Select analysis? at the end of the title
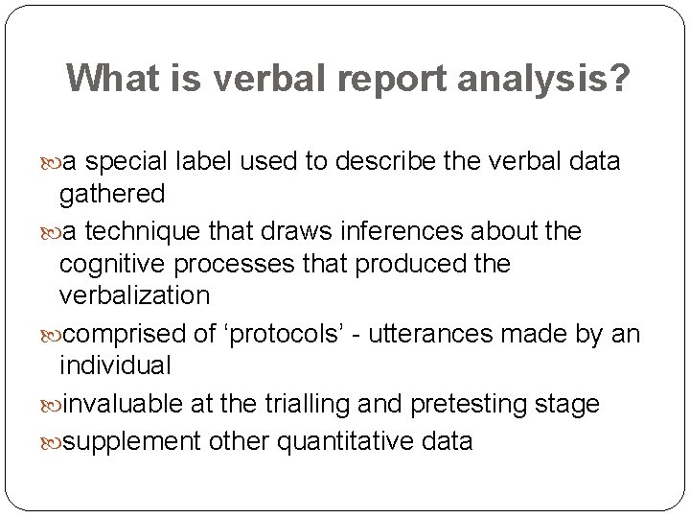click(x=557, y=79)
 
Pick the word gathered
click(x=112, y=195)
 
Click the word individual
click(x=115, y=365)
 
